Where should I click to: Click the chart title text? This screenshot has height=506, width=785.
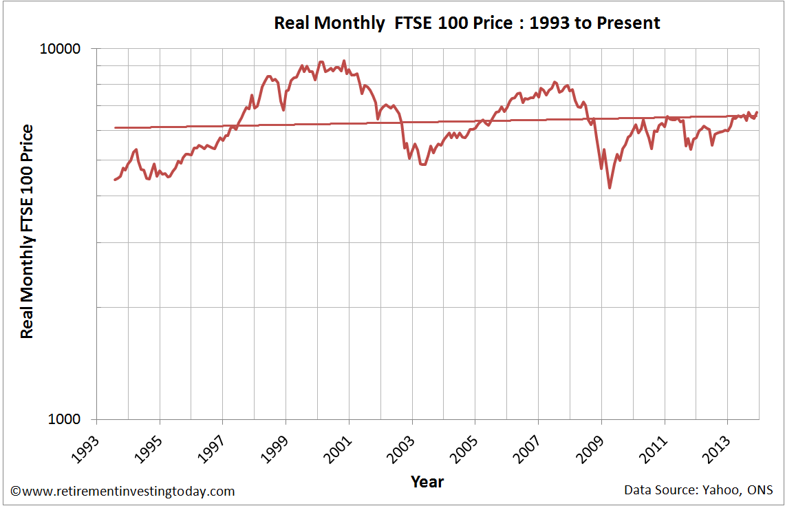(x=466, y=23)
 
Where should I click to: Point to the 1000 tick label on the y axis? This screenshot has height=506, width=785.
(x=67, y=420)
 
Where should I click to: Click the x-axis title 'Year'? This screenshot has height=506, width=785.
(x=427, y=481)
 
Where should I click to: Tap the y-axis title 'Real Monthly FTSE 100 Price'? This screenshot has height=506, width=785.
(x=27, y=231)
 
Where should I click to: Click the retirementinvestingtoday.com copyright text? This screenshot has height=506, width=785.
(x=123, y=491)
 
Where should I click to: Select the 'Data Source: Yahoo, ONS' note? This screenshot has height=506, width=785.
(x=698, y=490)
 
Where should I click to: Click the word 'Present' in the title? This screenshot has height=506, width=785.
(x=630, y=23)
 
